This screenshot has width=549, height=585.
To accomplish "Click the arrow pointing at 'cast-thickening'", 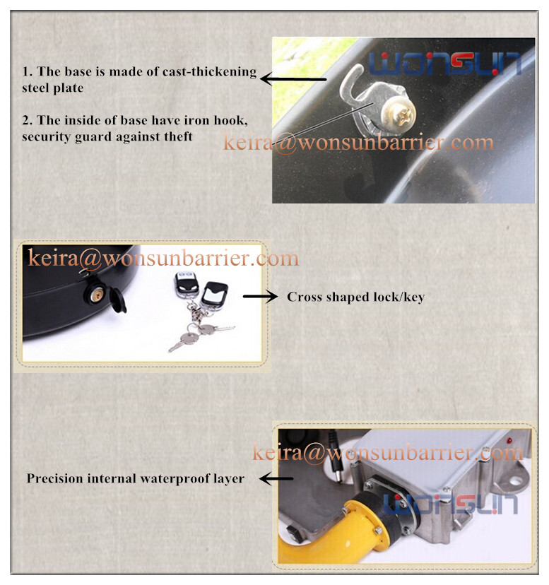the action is point(293,78).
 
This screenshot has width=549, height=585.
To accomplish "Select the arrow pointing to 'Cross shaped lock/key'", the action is point(260,296).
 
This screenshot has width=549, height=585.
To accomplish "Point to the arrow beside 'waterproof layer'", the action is point(276,478).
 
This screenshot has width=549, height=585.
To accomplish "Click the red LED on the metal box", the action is point(508,441).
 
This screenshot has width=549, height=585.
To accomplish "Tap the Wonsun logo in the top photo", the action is point(445,64).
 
